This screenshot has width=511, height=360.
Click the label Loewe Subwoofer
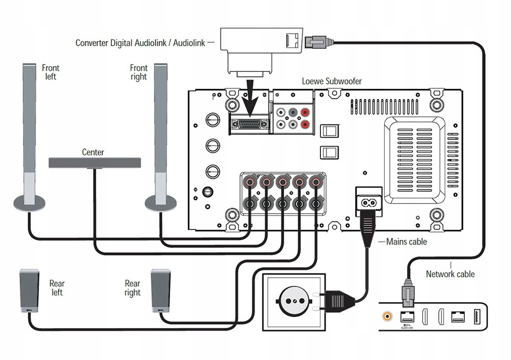[x=331, y=81]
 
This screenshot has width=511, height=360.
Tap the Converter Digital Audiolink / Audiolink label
[x=142, y=43]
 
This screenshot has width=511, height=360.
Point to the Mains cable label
[x=406, y=241]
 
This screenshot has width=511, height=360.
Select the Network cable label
[x=450, y=274]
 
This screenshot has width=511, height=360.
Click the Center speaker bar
[x=94, y=163]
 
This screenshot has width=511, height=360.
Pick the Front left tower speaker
[x=29, y=134]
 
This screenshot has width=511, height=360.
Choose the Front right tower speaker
[x=161, y=134]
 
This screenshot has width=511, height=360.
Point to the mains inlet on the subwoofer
[x=369, y=202]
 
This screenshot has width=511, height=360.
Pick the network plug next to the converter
[x=317, y=42]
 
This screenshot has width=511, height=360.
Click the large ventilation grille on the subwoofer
[x=414, y=159]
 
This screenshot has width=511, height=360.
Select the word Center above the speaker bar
[x=93, y=152]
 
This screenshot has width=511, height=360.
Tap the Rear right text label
[x=133, y=288]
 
